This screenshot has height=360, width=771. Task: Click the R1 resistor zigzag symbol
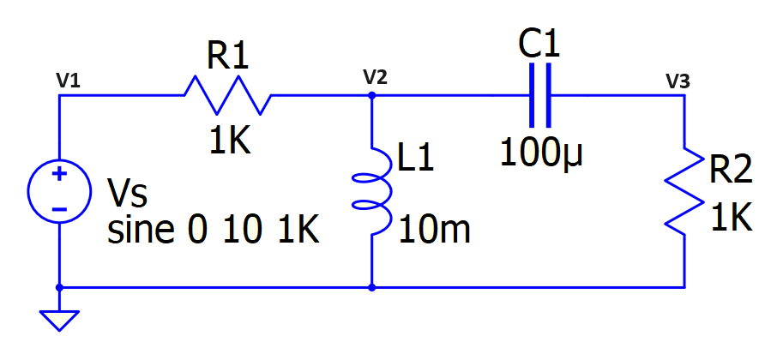[227, 95]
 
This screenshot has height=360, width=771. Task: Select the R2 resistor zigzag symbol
[684, 190]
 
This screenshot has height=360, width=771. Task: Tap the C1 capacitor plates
[540, 95]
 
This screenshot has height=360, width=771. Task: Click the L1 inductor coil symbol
[372, 191]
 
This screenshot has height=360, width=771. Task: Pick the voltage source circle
[59, 190]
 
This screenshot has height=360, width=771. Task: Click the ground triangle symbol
[59, 320]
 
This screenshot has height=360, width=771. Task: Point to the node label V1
[68, 81]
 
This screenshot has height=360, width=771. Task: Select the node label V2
[375, 77]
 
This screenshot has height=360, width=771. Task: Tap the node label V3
[677, 81]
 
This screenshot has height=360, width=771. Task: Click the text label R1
[227, 57]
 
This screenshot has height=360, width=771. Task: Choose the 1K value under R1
[229, 141]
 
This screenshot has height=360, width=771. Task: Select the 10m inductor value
[434, 230]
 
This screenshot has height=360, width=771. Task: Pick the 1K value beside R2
[732, 219]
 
